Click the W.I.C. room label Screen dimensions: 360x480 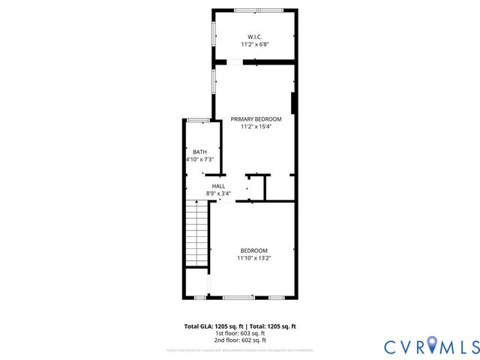(x=255, y=37)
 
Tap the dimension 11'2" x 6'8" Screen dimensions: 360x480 (x=255, y=45)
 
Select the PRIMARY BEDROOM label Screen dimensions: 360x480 (x=255, y=119)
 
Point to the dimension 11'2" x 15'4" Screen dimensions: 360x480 (x=255, y=127)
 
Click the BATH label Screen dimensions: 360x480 (x=199, y=151)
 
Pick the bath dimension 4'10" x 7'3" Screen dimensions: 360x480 (x=199, y=160)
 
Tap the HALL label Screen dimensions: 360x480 (x=218, y=186)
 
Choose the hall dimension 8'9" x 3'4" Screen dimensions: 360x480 (x=218, y=193)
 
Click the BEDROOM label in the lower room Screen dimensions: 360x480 (x=253, y=250)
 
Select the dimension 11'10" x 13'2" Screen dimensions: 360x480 (x=253, y=259)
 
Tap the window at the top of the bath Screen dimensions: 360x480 (x=198, y=121)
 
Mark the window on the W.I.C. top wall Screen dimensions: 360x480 (x=254, y=10)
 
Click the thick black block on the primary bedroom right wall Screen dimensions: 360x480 (x=293, y=103)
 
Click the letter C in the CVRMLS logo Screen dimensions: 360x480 (x=390, y=346)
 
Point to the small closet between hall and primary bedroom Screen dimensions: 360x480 (x=256, y=188)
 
